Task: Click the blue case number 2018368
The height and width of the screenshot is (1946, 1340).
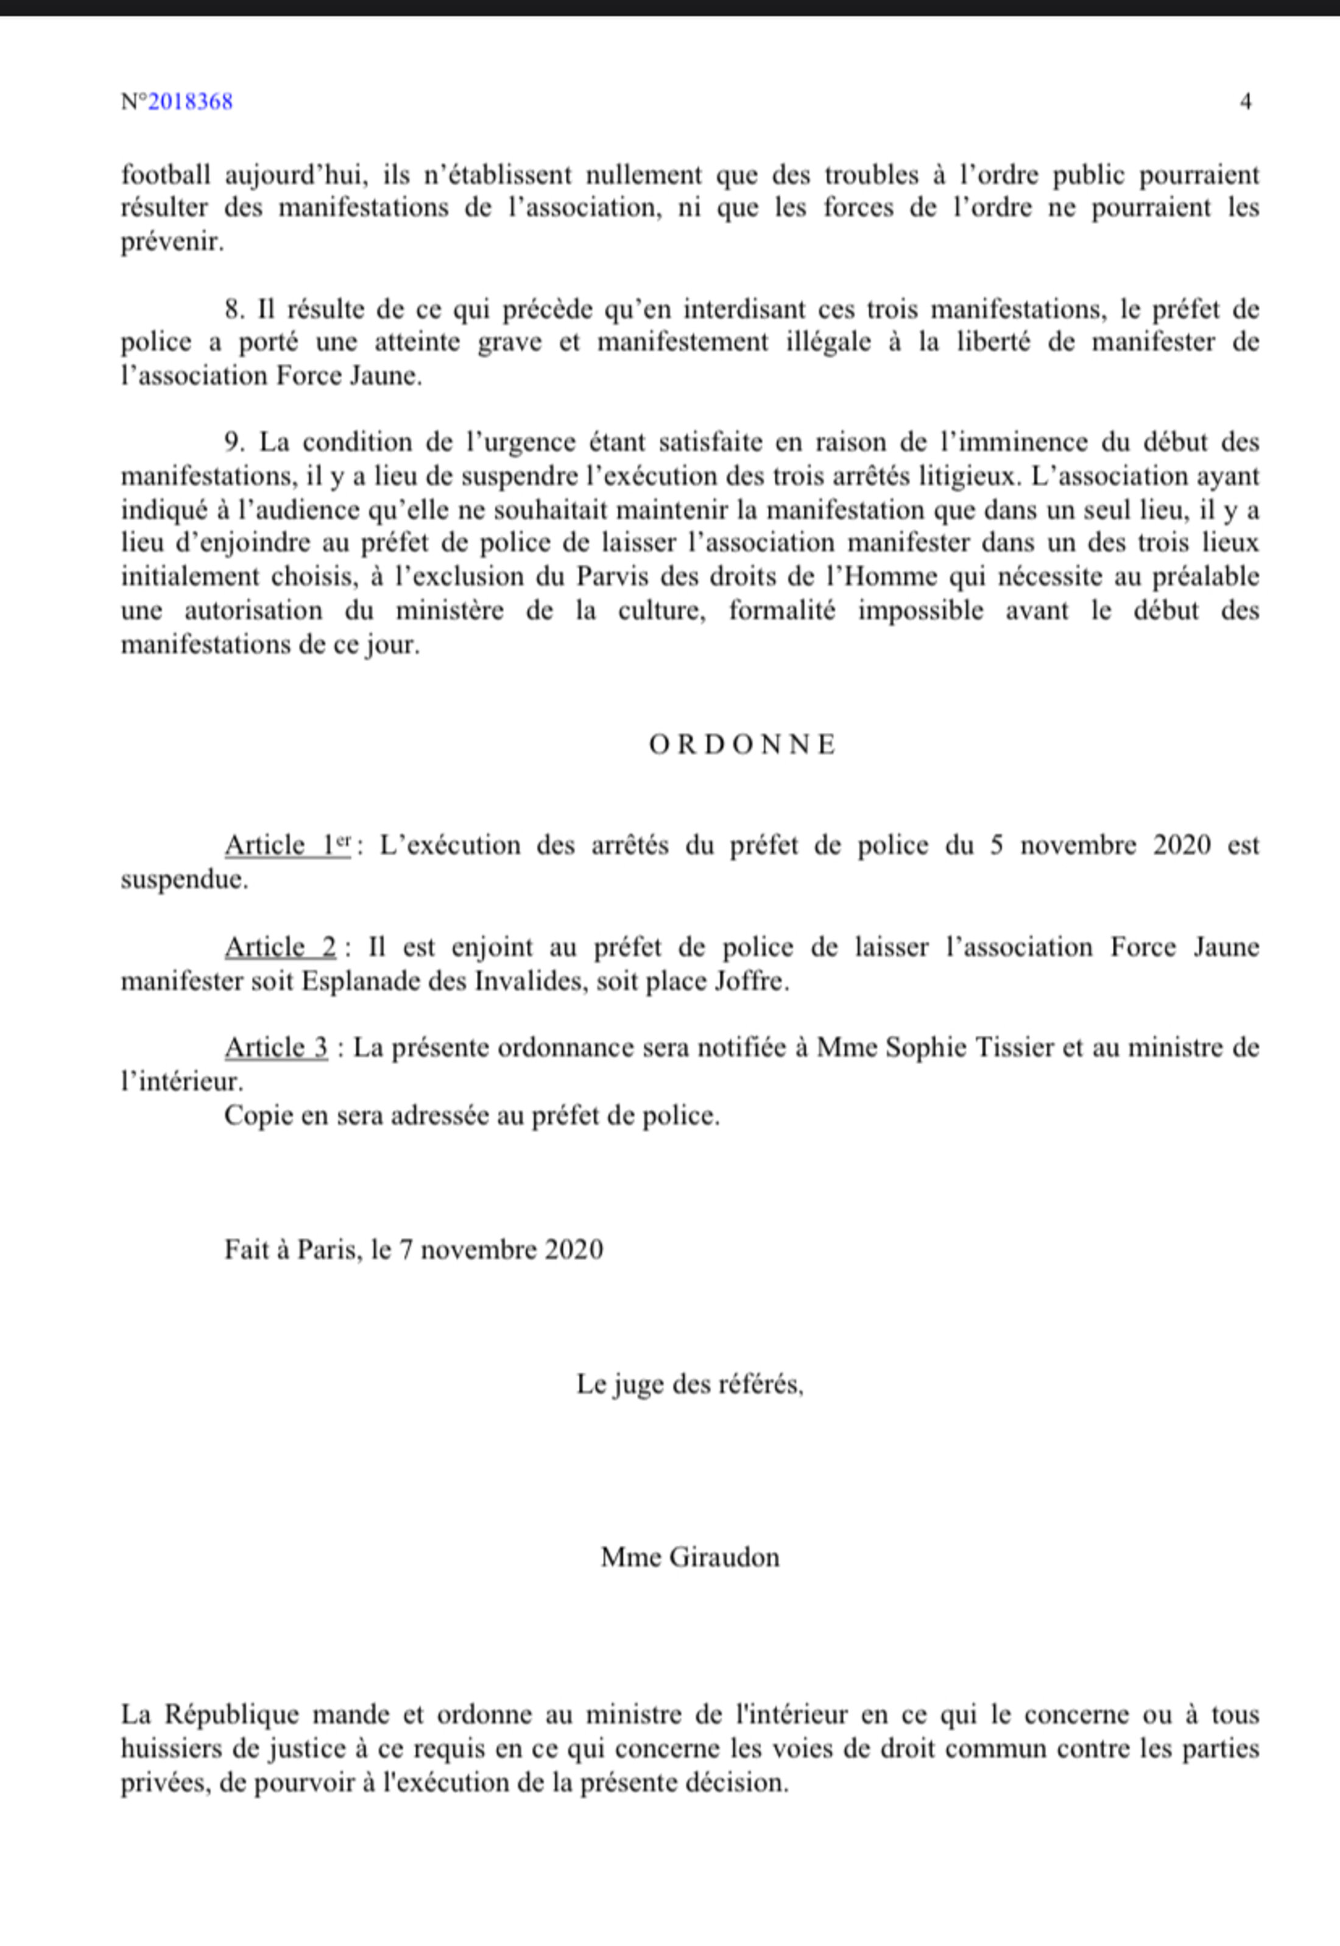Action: [x=191, y=102]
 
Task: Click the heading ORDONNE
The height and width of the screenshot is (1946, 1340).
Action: [x=743, y=745]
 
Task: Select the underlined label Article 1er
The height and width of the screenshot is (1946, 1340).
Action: [x=287, y=845]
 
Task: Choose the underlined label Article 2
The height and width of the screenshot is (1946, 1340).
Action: [x=280, y=947]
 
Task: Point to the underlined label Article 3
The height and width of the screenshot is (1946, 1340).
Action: [x=277, y=1047]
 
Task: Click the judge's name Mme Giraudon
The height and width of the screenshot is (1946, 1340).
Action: [x=690, y=1557]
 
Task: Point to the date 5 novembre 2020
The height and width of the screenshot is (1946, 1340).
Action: [x=1100, y=845]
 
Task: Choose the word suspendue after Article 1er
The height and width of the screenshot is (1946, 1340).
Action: [x=185, y=880]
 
